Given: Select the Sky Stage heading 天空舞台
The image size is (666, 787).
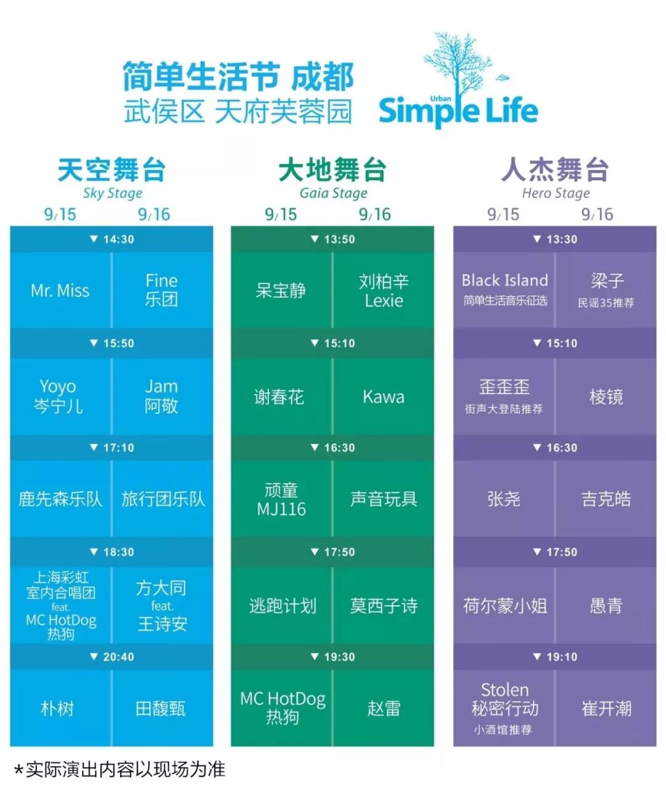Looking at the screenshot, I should (112, 170).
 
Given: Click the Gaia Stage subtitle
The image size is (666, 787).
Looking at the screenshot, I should (333, 193).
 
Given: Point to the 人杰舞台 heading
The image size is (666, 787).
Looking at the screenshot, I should (555, 170).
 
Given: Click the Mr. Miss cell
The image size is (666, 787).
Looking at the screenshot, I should (60, 290).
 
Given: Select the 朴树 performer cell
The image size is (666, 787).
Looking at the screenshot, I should (58, 708).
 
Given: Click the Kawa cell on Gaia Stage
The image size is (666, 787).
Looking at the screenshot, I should (384, 397).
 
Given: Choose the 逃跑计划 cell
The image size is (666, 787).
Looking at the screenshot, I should (282, 606).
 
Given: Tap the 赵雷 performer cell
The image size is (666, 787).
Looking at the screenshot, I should (384, 708).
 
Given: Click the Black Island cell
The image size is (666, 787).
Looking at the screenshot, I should (504, 289).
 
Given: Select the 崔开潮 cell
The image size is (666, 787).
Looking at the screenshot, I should (606, 708).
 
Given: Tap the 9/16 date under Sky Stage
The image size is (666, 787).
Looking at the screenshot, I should (154, 214).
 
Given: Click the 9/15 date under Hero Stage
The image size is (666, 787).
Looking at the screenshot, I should (503, 214).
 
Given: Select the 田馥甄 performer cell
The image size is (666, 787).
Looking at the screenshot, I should (161, 708).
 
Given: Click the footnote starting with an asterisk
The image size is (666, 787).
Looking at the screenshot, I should (120, 769).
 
